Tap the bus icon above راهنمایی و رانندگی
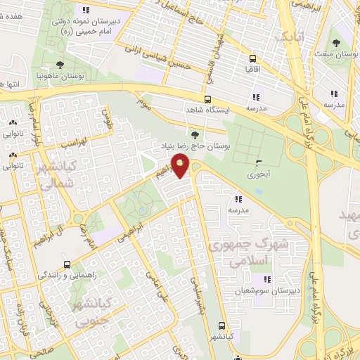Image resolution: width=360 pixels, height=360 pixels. tap(67, 264)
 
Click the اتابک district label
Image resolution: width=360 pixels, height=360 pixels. tap(291, 36)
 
